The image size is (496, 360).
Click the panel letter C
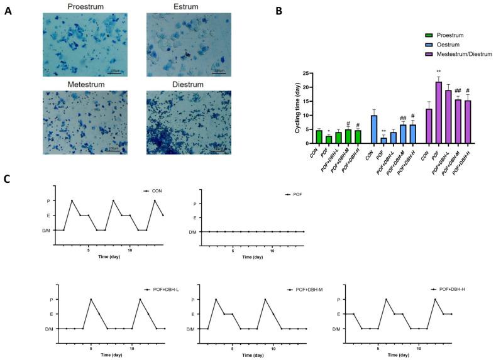[x=7, y=178]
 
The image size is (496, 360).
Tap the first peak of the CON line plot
[x=72, y=201]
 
